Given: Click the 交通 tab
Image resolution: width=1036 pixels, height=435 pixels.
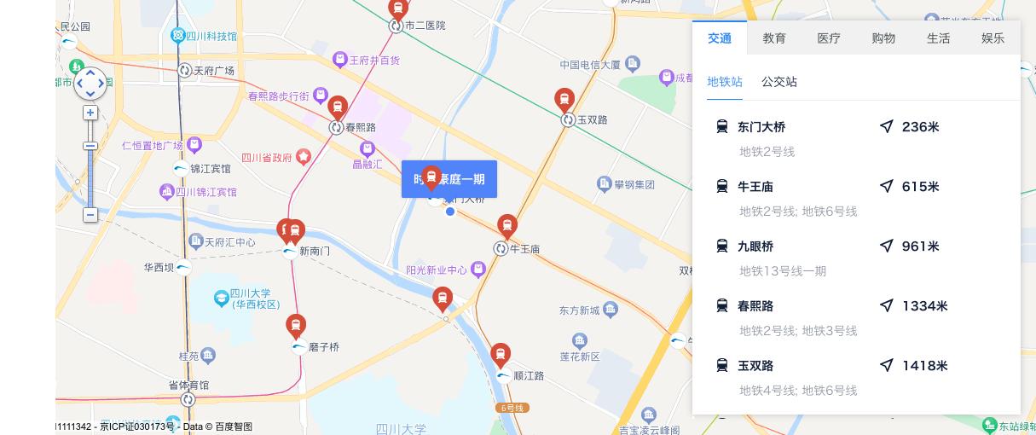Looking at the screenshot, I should (x=719, y=38).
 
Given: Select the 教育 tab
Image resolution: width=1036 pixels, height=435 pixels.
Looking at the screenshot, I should (x=774, y=38).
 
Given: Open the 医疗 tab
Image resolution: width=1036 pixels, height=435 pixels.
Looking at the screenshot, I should (x=829, y=38).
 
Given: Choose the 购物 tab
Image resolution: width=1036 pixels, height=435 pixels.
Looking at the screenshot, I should (x=883, y=38).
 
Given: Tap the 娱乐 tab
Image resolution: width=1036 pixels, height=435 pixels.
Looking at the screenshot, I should (x=993, y=38).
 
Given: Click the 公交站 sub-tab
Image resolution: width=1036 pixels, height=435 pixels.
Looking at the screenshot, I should (x=779, y=82).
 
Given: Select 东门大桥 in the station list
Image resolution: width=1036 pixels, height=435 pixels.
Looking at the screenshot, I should (x=761, y=127).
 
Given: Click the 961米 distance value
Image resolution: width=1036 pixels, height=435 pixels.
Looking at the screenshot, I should (x=920, y=246).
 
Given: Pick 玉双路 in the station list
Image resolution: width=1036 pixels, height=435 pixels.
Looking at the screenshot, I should (x=755, y=366).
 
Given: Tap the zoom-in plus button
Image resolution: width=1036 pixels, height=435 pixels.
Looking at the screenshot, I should (x=90, y=113).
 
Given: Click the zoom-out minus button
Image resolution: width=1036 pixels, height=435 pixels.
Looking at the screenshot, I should (x=90, y=215).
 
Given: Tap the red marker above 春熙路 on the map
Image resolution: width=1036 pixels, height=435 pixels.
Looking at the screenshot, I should (x=338, y=107).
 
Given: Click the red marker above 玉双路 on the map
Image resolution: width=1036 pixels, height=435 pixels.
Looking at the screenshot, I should (x=564, y=100).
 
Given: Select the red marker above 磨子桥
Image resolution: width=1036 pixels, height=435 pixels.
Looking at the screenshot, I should (x=296, y=325).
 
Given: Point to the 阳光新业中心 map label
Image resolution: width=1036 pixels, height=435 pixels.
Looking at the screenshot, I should (x=436, y=270).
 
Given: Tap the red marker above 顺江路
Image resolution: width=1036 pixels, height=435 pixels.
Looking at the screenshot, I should (x=501, y=354).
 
